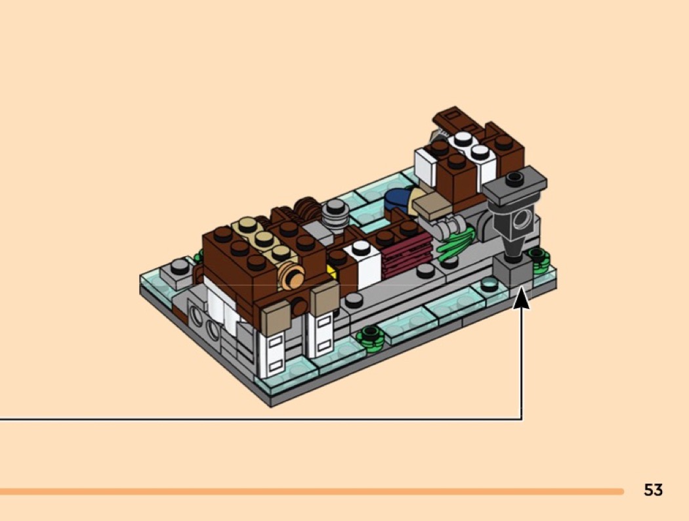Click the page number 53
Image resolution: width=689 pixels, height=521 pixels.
pos(653,489)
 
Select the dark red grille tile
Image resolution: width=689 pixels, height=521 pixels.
pos(407,255)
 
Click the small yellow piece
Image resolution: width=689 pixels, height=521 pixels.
pos(331,271)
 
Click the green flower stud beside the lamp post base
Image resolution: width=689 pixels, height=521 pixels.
pos(539,257)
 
